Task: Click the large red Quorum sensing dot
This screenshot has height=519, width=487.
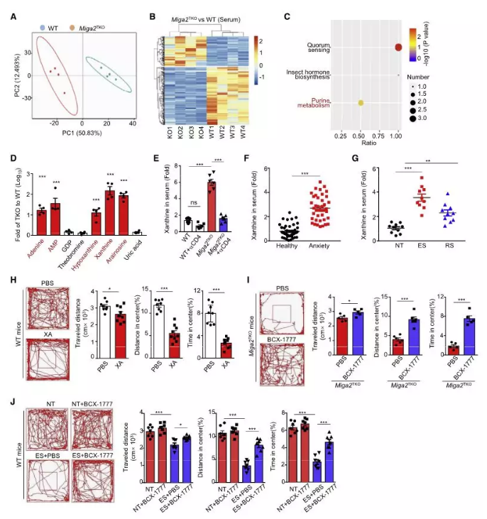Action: (x=398, y=48)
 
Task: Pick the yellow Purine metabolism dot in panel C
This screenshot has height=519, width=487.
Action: (x=361, y=104)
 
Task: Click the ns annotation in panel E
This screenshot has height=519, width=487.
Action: (x=191, y=204)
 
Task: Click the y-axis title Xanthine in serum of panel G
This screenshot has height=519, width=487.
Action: (x=371, y=202)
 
